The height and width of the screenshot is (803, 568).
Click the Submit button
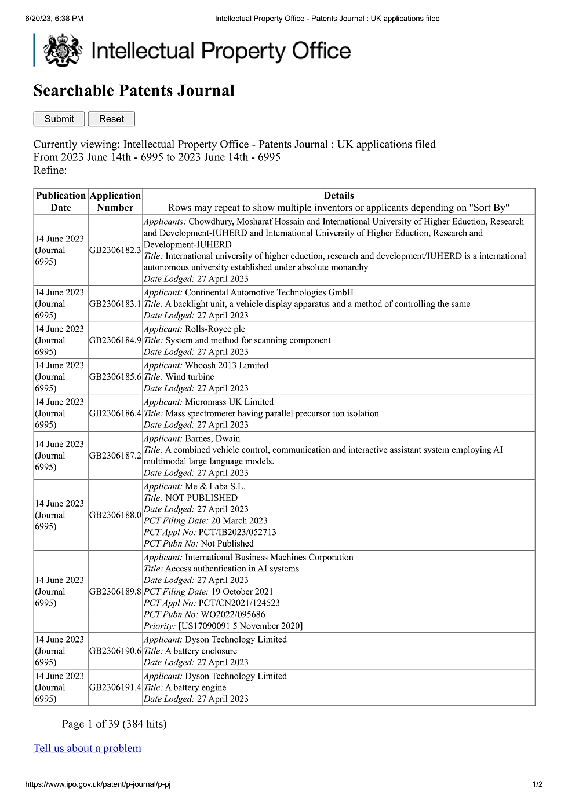[x=59, y=119]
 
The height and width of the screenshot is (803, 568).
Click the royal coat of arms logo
[x=63, y=50]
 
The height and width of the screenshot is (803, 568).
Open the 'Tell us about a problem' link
[x=88, y=748]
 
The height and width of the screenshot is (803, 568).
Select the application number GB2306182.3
[x=115, y=250]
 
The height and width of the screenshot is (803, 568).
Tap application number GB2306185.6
[x=115, y=377]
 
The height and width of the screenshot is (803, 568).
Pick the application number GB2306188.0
[x=115, y=515]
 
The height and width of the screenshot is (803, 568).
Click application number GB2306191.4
[x=115, y=687]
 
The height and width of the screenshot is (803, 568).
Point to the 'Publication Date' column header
[x=61, y=201]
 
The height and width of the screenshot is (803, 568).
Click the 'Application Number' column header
[x=115, y=201]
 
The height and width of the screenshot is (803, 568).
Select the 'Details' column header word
[x=338, y=196]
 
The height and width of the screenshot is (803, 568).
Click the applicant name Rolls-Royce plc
[x=215, y=329]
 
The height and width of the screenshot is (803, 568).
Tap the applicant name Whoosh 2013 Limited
[x=227, y=365]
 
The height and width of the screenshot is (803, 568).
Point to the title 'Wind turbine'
[x=190, y=377]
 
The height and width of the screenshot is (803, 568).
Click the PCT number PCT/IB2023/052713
[x=237, y=532]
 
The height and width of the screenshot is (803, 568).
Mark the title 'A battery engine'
[x=196, y=687]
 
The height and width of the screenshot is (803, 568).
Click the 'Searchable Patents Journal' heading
[x=134, y=90]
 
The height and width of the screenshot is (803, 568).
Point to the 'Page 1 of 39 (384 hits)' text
[x=114, y=724]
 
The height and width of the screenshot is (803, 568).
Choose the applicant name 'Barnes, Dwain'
[x=212, y=438]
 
